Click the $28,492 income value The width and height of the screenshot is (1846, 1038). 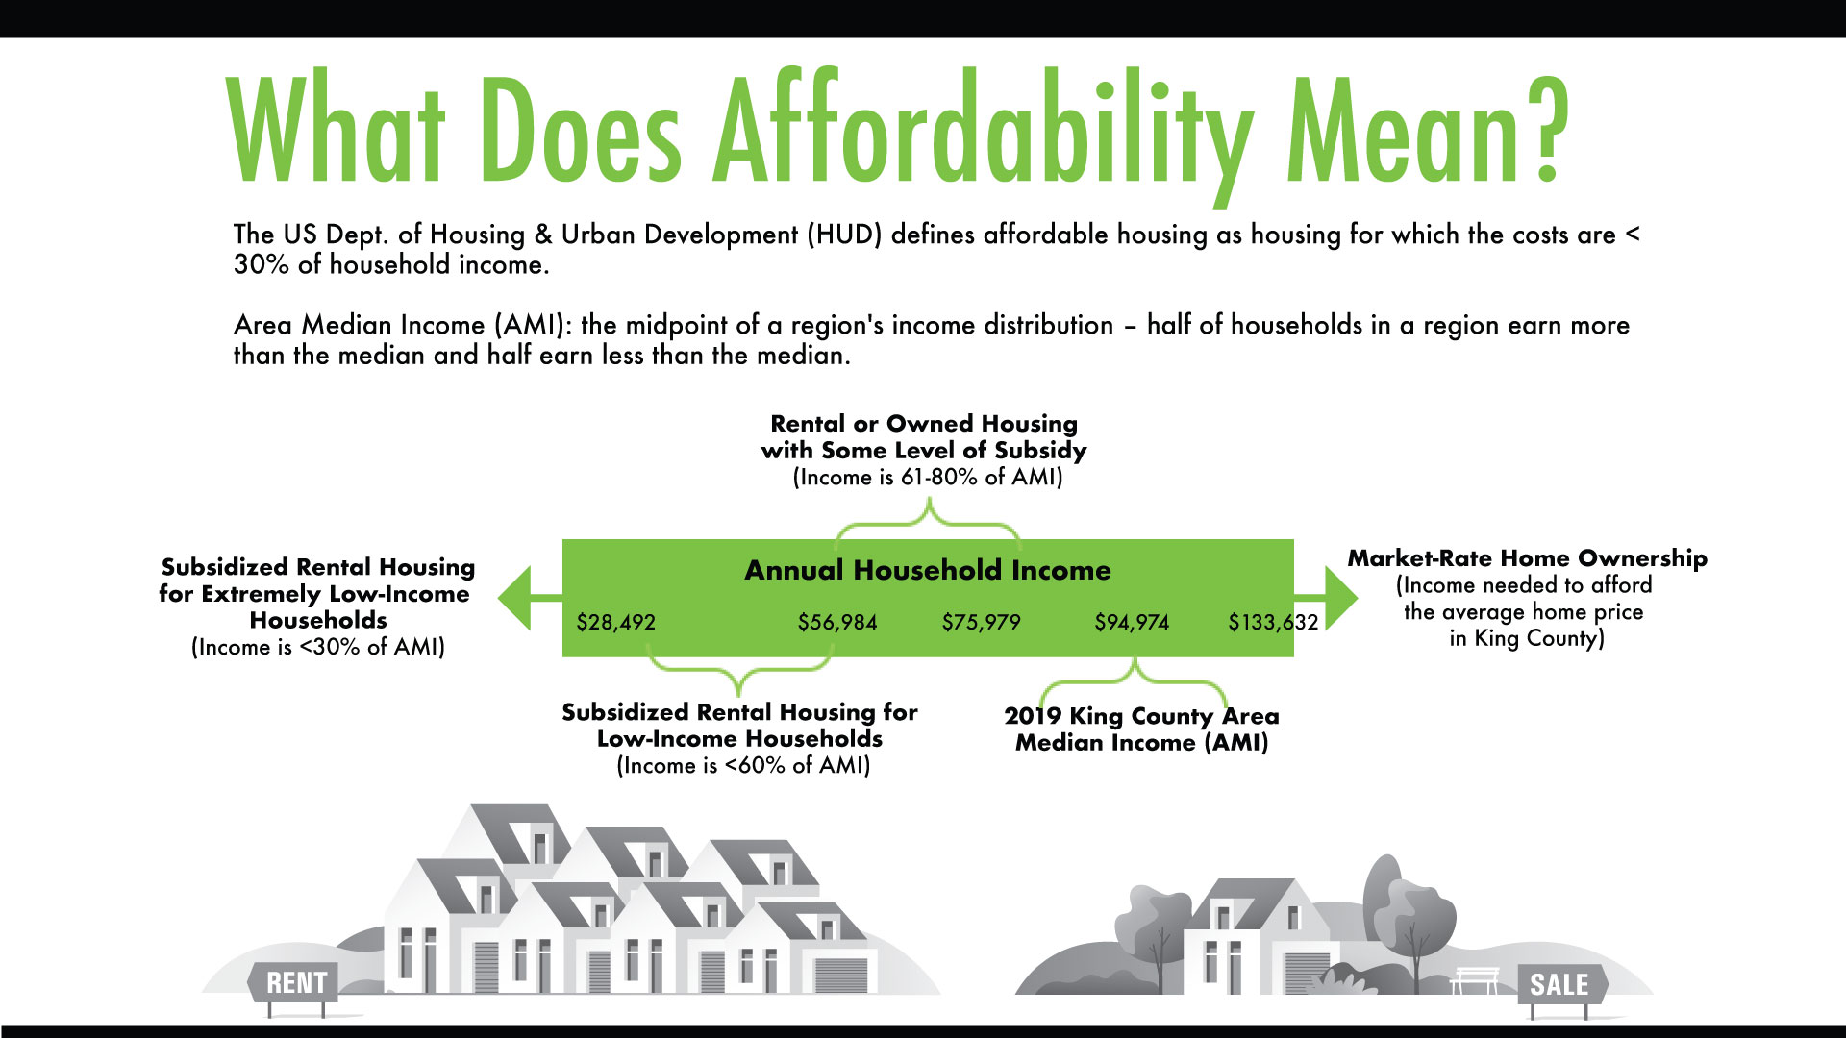click(615, 623)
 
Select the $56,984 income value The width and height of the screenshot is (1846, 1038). click(837, 623)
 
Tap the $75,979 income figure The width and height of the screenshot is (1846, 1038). click(981, 623)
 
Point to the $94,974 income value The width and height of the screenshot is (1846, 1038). click(1132, 623)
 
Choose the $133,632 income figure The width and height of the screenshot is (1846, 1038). click(1273, 623)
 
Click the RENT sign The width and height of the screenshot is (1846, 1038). click(294, 983)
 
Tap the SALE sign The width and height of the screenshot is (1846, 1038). click(1560, 985)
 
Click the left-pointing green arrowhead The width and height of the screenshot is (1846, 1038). click(515, 598)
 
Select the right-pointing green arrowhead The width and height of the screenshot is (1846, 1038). click(1341, 598)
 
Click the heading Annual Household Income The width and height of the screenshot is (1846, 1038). click(928, 570)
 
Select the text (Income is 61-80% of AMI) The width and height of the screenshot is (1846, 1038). click(928, 478)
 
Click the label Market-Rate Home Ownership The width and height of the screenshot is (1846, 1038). click(1527, 558)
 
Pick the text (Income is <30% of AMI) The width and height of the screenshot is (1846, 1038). click(318, 647)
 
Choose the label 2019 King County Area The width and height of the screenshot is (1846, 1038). click(1141, 716)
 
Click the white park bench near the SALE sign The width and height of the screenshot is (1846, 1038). click(1475, 980)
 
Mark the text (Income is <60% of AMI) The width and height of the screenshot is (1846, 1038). click(743, 766)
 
